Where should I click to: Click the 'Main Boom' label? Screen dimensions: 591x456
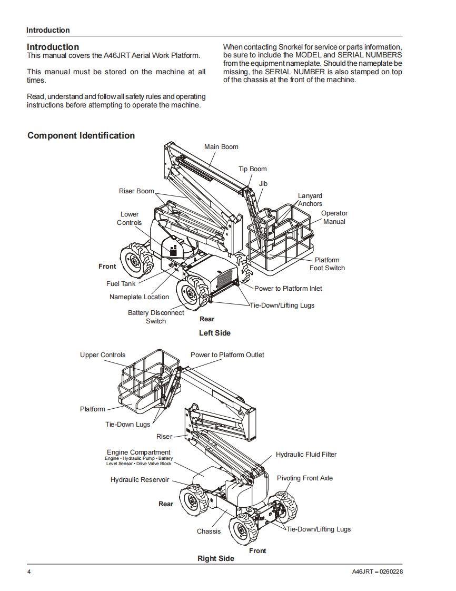point(221,147)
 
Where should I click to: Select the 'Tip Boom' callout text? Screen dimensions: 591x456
point(253,169)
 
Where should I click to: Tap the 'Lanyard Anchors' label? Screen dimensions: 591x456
point(310,200)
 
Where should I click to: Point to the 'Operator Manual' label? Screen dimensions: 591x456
point(334,218)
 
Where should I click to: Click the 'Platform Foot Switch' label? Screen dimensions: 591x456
point(327,264)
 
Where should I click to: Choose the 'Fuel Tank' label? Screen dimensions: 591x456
point(121,284)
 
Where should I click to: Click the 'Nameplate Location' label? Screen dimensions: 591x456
point(139,297)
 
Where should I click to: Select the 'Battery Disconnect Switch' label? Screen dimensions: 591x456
point(156,317)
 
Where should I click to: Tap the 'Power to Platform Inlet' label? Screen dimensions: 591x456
point(288,289)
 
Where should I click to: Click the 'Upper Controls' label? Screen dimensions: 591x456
point(103,355)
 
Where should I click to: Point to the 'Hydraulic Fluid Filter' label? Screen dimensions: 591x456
point(306,455)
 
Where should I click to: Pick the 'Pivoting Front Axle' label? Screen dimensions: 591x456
point(305,478)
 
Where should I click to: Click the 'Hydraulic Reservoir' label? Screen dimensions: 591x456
point(140,480)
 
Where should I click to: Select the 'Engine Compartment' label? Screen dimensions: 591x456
point(138,452)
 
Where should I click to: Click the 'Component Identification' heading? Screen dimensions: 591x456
point(81,135)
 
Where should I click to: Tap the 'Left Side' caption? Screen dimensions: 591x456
point(215,333)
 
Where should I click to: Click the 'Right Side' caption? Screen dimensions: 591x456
point(216,558)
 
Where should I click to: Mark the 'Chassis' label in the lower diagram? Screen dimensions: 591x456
point(209,531)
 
